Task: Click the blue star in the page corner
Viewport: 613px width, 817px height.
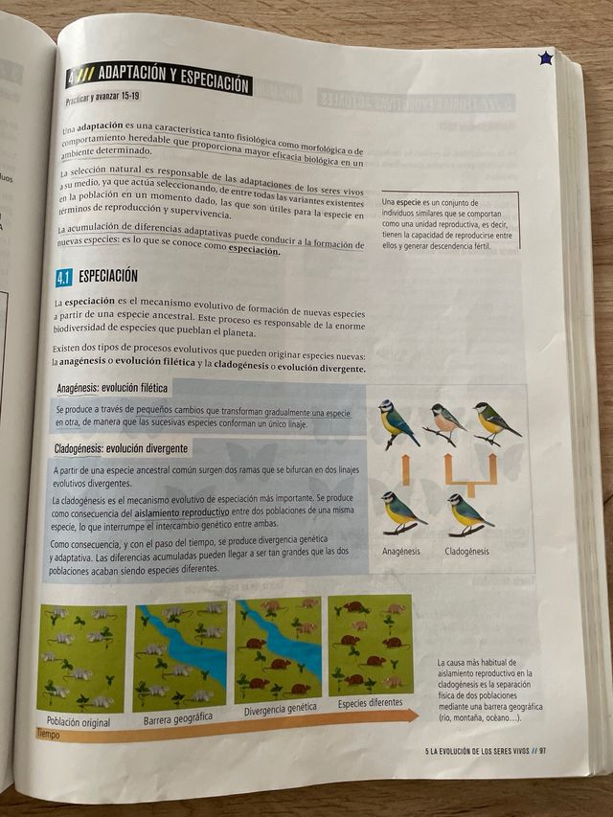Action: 545,58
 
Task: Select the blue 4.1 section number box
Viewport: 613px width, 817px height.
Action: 63,278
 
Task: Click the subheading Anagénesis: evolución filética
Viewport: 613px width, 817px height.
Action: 112,388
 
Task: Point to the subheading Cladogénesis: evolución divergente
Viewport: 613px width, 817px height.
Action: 122,447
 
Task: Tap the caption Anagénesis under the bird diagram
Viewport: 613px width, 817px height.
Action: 401,552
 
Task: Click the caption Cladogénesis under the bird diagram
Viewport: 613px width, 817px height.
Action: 466,551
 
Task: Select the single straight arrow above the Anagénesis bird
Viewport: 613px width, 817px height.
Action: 404,469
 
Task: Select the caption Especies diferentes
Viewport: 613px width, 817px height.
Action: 370,704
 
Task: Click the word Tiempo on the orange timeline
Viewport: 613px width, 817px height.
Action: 48,735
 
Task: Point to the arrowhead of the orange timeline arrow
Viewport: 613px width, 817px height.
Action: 413,715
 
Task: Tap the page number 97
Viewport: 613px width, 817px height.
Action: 542,751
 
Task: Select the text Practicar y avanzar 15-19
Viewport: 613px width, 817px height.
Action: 102,98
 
